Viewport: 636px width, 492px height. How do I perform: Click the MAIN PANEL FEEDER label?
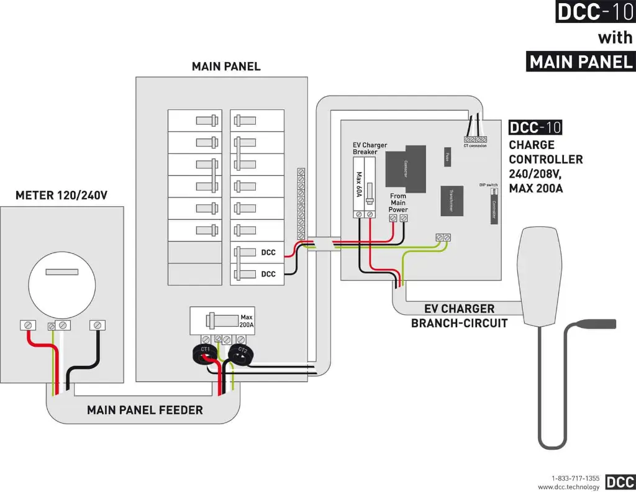[145, 410]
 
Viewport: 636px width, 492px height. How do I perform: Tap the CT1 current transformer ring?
[204, 353]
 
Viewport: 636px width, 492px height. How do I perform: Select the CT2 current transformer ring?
[238, 354]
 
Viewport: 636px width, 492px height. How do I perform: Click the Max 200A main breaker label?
[247, 321]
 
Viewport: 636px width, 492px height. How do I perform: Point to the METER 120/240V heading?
[61, 196]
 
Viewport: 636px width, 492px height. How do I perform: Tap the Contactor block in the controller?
[406, 166]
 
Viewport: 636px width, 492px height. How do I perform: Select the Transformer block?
[452, 201]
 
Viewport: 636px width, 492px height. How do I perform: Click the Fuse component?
[447, 157]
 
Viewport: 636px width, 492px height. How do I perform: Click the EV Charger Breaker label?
[370, 148]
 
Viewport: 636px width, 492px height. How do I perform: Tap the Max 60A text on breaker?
[358, 185]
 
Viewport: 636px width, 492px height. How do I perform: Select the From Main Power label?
[398, 203]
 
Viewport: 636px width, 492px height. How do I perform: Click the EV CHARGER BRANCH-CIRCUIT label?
[459, 316]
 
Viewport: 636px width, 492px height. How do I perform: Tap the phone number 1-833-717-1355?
[575, 478]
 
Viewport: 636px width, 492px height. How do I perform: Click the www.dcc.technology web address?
[568, 486]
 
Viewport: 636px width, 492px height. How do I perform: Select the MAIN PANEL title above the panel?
[226, 66]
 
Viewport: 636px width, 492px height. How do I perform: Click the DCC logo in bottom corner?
[619, 482]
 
